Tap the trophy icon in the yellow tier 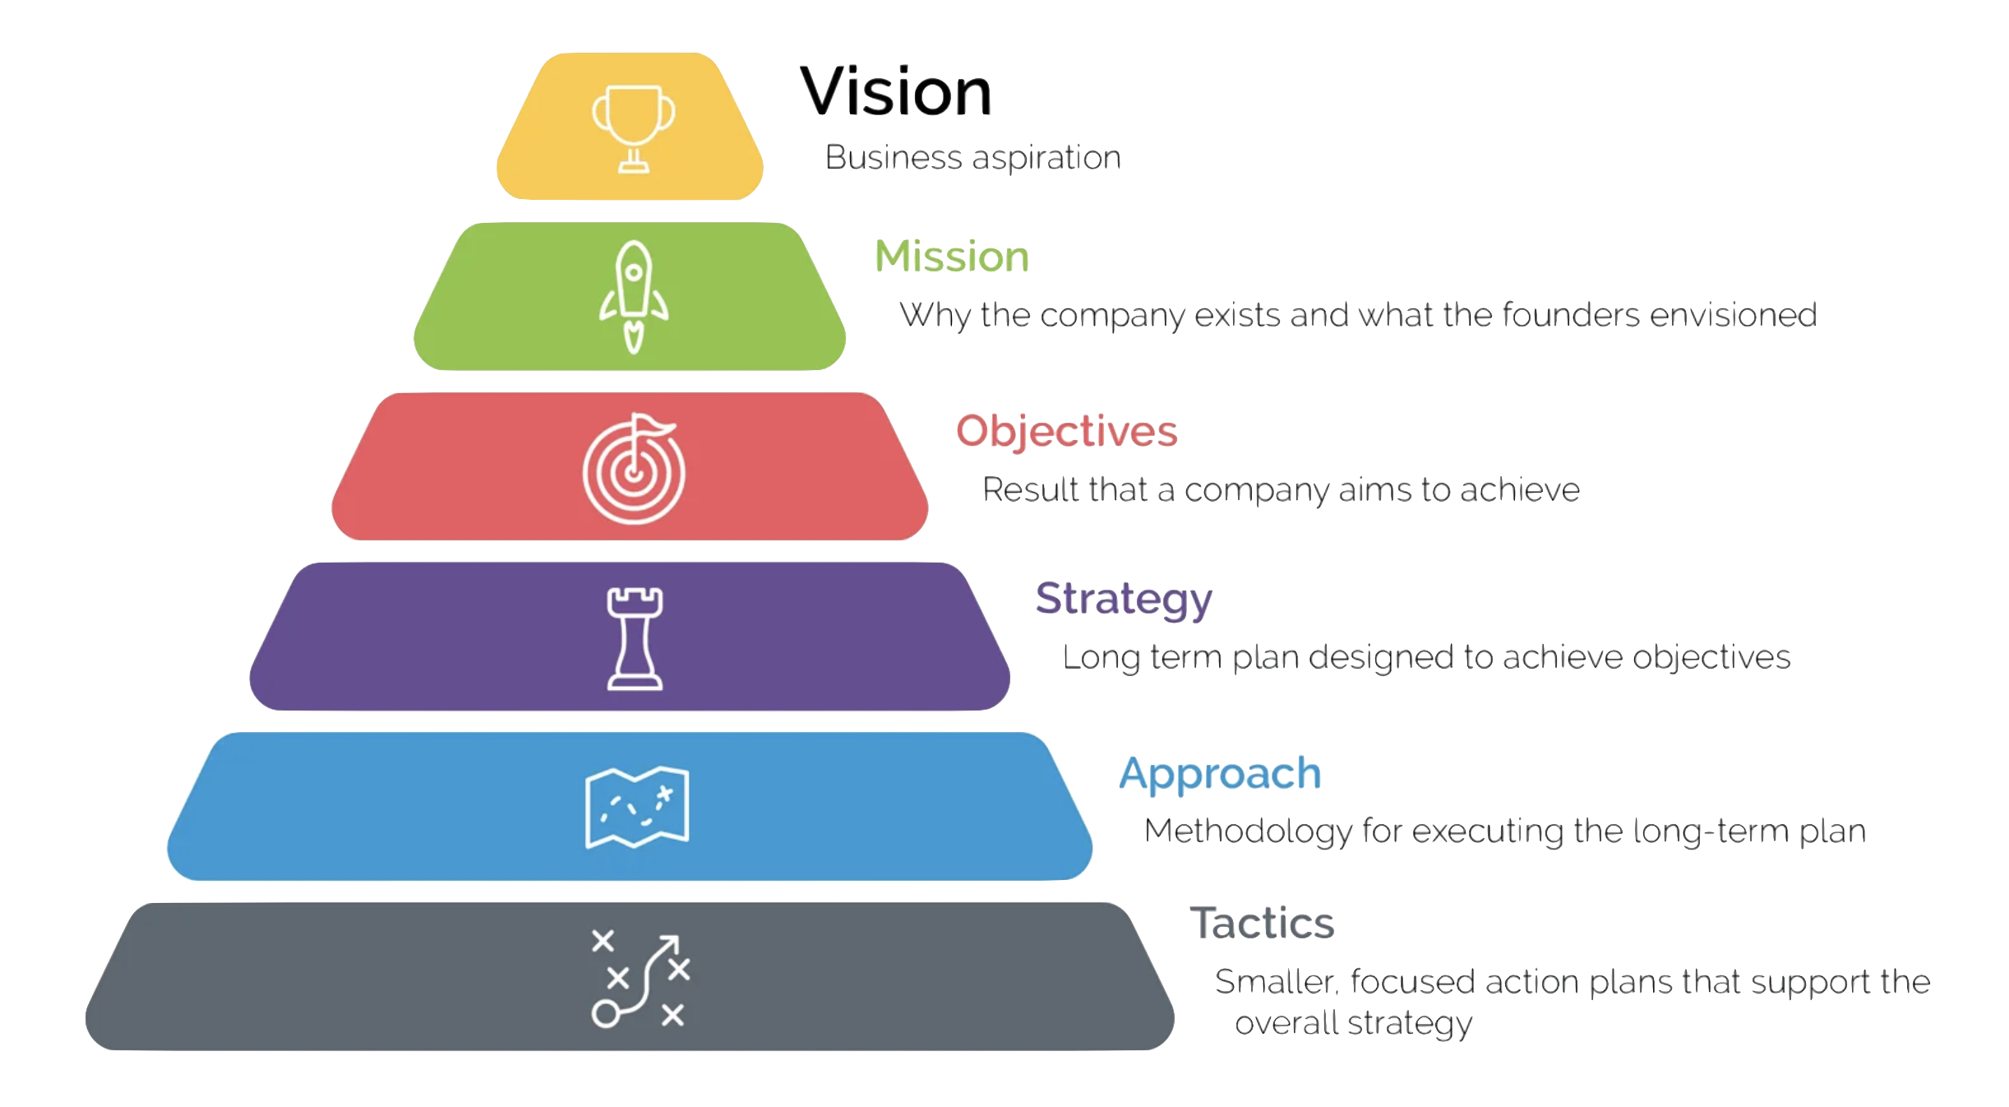(634, 128)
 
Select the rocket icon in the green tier (634, 297)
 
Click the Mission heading (952, 256)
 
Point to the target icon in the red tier (634, 469)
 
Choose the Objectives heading (1067, 432)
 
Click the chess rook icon (635, 639)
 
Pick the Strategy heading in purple (1124, 599)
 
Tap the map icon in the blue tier (637, 807)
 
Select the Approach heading (1221, 775)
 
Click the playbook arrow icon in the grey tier (641, 980)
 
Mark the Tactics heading (1263, 923)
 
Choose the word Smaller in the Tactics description (1277, 982)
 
